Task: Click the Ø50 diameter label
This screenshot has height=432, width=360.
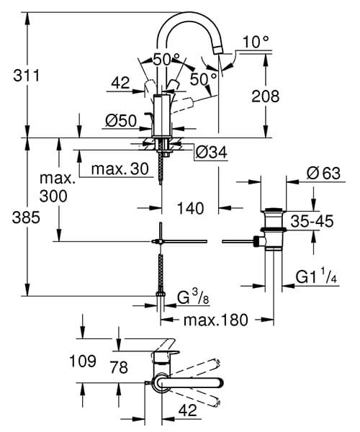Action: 121,122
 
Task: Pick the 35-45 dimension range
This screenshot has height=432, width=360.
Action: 312,222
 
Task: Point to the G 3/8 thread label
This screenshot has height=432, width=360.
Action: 193,297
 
